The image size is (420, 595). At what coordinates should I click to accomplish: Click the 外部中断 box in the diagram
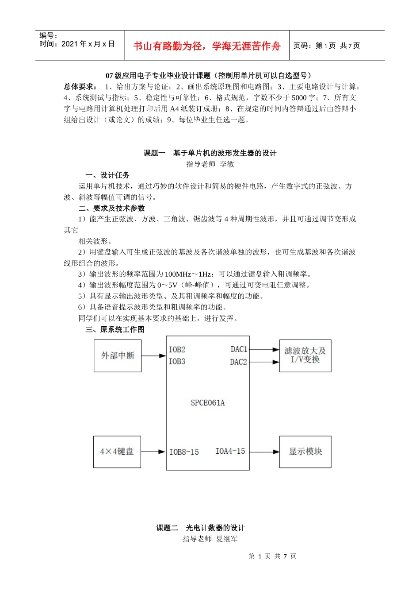tap(118, 355)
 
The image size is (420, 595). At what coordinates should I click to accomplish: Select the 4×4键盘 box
tap(117, 452)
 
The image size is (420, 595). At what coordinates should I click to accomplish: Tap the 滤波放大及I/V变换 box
tap(305, 355)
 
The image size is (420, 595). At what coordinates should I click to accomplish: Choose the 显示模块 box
tap(305, 452)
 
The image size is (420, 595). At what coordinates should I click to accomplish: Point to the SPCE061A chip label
tap(207, 403)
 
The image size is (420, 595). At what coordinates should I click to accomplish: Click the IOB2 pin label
tap(177, 350)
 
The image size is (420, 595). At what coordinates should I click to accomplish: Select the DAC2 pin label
tap(238, 362)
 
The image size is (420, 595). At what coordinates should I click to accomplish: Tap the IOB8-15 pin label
tap(184, 452)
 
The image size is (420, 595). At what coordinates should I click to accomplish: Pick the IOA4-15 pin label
tap(230, 451)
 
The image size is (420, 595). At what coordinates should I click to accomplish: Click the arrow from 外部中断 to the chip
tap(153, 355)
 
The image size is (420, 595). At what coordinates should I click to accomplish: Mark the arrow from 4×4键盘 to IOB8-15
tap(153, 452)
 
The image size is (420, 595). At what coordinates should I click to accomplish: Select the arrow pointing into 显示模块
tap(264, 452)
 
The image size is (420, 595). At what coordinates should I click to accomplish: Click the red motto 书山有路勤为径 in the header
tap(207, 46)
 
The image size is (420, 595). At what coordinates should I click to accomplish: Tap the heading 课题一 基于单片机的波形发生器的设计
tap(210, 153)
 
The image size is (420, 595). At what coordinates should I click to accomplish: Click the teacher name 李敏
tap(227, 164)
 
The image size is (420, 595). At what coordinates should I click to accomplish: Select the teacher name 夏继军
tap(227, 539)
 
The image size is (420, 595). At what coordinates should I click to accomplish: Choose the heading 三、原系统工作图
tap(115, 329)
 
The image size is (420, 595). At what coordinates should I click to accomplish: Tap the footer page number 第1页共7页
tap(272, 556)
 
